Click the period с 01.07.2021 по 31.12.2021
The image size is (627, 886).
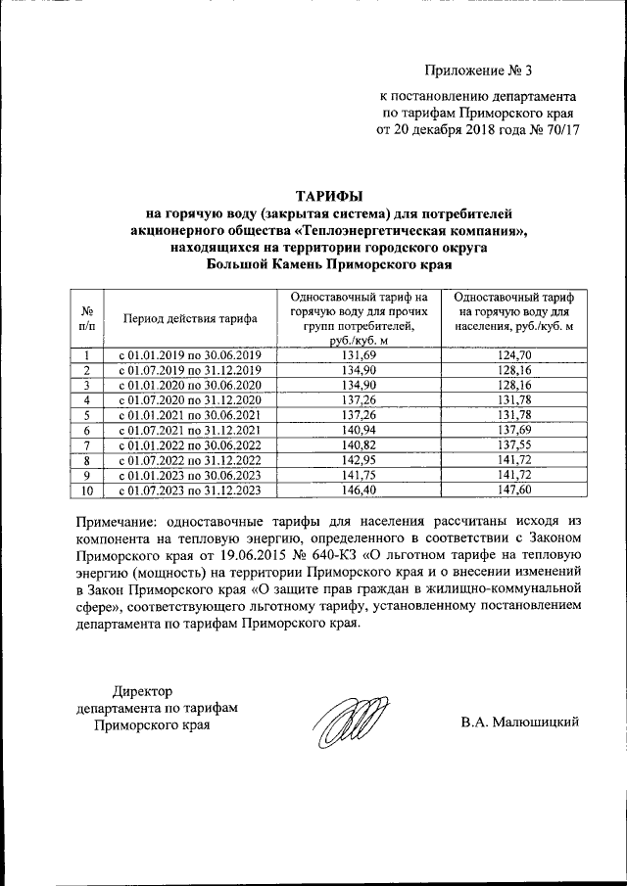(190, 430)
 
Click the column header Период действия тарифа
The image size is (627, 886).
(190, 318)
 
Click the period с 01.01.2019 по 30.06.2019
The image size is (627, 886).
(190, 354)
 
